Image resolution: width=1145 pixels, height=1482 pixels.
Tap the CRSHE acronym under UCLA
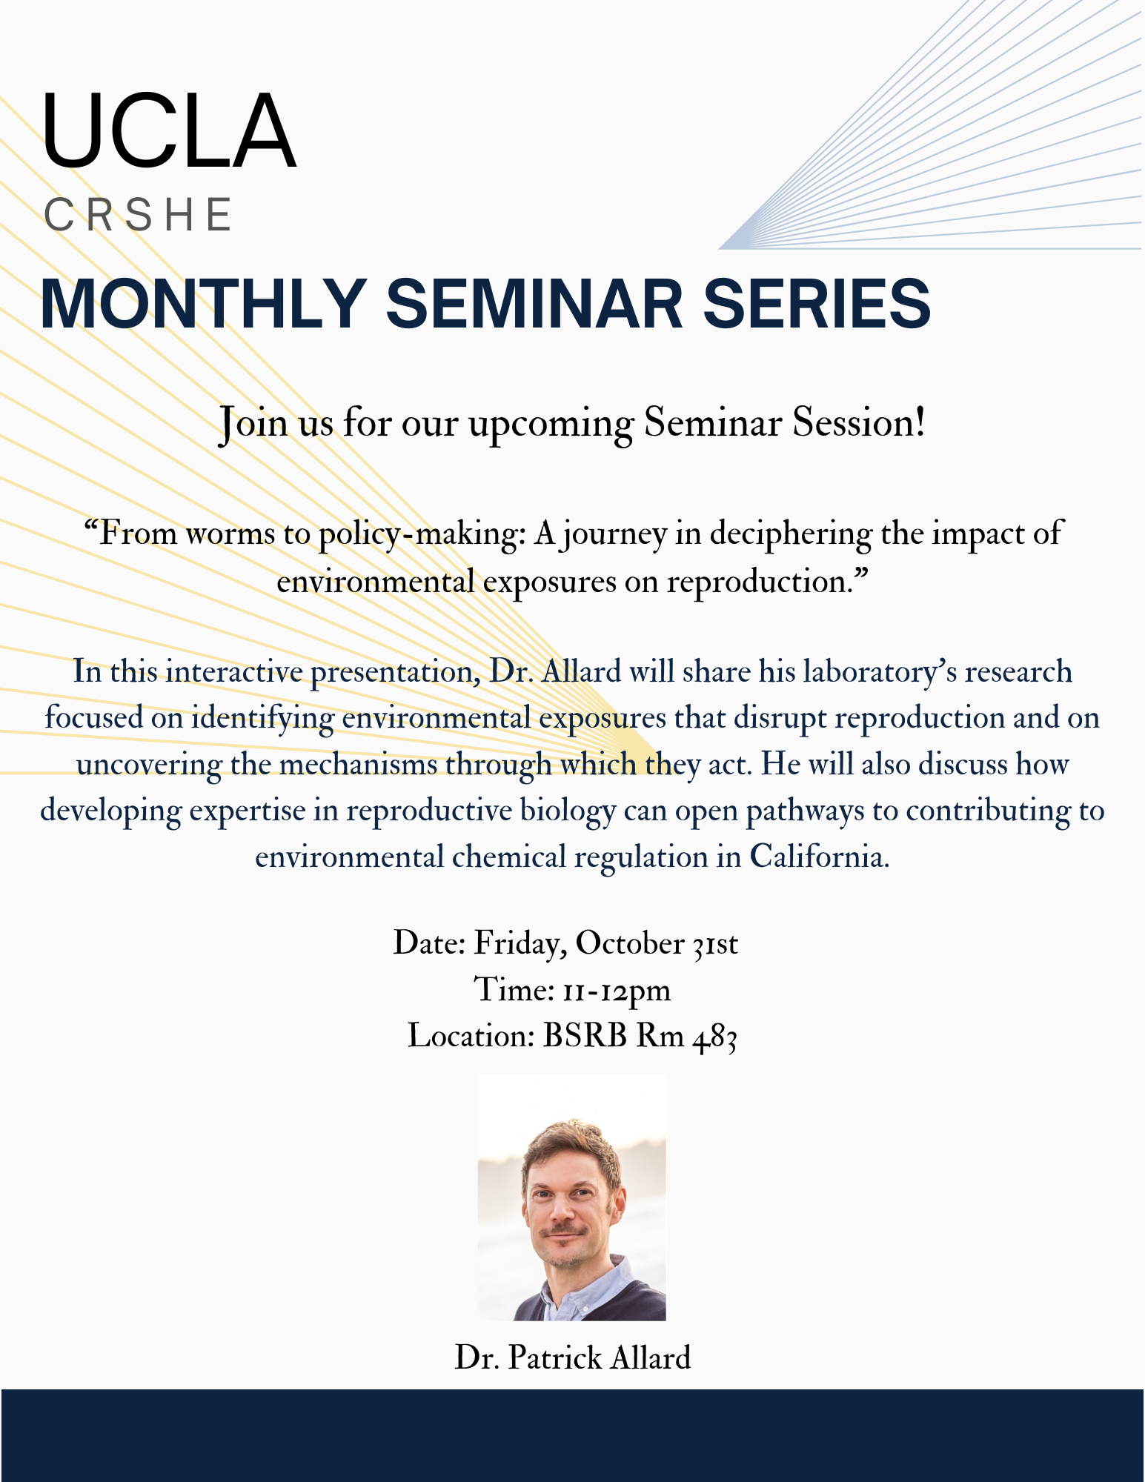[139, 215]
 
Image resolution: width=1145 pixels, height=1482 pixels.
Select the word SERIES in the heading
[816, 303]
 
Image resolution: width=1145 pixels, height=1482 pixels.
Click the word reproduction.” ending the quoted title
[767, 582]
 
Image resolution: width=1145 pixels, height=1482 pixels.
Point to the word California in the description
[819, 857]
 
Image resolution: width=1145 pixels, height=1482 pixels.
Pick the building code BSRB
[585, 1036]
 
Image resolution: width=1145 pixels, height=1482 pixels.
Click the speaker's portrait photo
[572, 1197]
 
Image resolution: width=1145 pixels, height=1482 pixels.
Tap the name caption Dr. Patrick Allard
[573, 1358]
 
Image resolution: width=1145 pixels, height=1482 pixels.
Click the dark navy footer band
[572, 1435]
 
